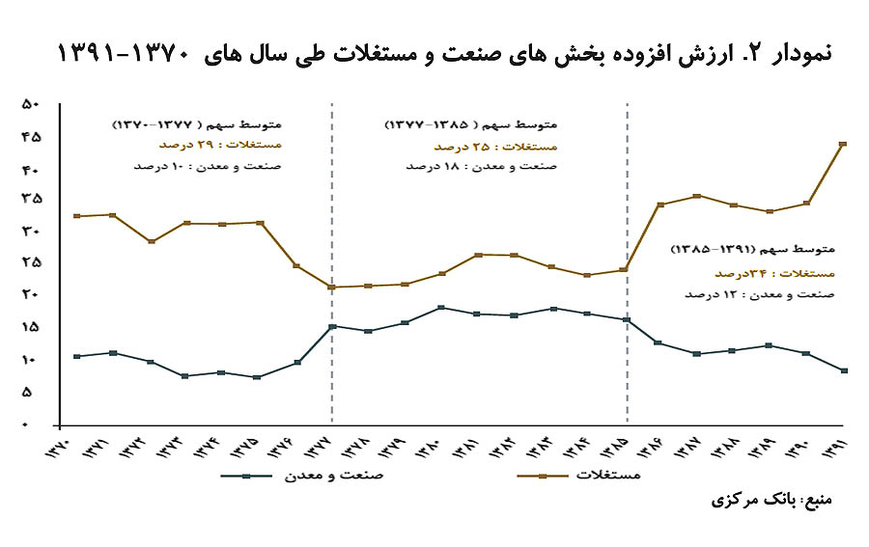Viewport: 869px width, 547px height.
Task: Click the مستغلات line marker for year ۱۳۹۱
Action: click(x=844, y=144)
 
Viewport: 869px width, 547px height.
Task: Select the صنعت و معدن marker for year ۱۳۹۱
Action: click(x=844, y=370)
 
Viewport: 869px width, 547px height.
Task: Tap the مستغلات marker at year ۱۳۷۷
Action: click(x=331, y=287)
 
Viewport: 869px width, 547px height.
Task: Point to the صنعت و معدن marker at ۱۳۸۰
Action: click(x=440, y=308)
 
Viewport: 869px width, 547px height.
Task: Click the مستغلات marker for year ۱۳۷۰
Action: click(x=75, y=216)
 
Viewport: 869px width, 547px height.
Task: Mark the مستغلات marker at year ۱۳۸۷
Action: click(x=697, y=196)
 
